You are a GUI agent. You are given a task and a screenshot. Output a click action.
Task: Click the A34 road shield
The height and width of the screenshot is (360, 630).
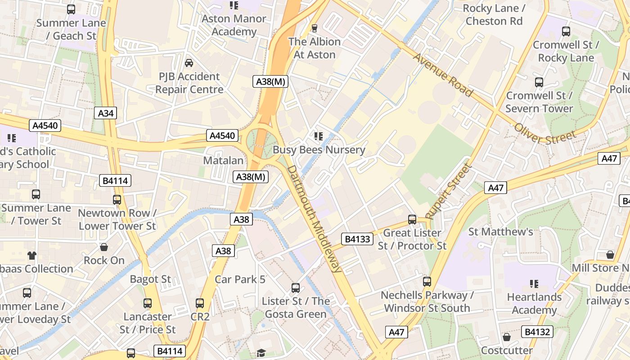pyautogui.click(x=106, y=113)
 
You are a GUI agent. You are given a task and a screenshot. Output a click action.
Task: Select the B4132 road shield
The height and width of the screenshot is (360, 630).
pyautogui.click(x=537, y=332)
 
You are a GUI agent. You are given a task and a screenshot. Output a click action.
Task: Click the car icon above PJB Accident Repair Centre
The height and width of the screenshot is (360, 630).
pyautogui.click(x=189, y=63)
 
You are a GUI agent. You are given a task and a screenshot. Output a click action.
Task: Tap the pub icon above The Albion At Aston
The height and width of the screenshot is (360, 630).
pyautogui.click(x=315, y=28)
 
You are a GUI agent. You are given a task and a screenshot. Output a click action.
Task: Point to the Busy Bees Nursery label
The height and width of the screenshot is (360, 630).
pyautogui.click(x=319, y=149)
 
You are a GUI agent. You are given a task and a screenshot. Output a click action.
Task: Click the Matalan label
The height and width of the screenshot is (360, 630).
pyautogui.click(x=223, y=161)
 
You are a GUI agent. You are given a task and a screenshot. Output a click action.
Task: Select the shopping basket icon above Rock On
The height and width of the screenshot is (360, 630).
pyautogui.click(x=104, y=247)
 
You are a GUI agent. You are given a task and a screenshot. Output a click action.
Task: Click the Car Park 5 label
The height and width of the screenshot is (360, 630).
pyautogui.click(x=240, y=279)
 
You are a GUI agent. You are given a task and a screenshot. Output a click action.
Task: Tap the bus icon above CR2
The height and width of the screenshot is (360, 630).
pyautogui.click(x=200, y=303)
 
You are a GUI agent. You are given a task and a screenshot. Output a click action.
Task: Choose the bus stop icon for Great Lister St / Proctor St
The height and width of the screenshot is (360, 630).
pyautogui.click(x=412, y=220)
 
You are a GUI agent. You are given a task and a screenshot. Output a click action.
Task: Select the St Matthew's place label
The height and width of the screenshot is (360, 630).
pyautogui.click(x=500, y=232)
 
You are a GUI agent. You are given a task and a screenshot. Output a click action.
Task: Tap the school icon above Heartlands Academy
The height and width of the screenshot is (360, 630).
pyautogui.click(x=534, y=284)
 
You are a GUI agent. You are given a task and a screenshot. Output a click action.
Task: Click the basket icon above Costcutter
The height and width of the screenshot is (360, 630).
pyautogui.click(x=507, y=337)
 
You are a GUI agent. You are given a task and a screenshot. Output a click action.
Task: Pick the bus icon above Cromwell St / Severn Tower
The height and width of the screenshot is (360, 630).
pyautogui.click(x=539, y=82)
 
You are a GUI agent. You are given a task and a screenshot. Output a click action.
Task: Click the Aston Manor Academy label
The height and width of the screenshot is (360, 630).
pyautogui.click(x=234, y=25)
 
